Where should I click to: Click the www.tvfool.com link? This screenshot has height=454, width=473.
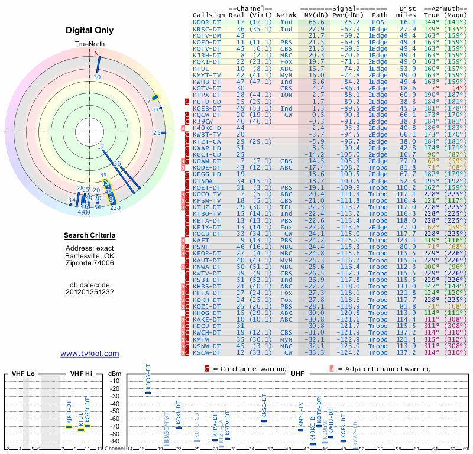click(90, 354)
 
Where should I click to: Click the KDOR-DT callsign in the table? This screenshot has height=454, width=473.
click(208, 21)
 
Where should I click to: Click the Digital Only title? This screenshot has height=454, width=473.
click(90, 30)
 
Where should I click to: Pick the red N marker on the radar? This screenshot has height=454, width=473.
click(96, 53)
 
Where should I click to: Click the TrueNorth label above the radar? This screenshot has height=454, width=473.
click(90, 44)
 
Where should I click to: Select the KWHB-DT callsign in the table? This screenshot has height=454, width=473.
click(208, 82)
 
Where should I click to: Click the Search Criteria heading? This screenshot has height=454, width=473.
click(90, 236)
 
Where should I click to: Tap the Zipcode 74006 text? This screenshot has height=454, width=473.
click(90, 263)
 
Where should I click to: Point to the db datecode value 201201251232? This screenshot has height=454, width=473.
click(90, 291)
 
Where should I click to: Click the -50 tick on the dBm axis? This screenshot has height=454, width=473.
click(115, 411)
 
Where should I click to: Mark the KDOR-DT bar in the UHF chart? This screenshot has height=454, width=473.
click(148, 393)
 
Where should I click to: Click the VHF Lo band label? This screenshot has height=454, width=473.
click(22, 374)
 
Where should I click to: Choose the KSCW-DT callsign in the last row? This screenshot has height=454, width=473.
click(208, 352)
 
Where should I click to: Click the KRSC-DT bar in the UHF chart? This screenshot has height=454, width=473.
click(264, 421)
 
